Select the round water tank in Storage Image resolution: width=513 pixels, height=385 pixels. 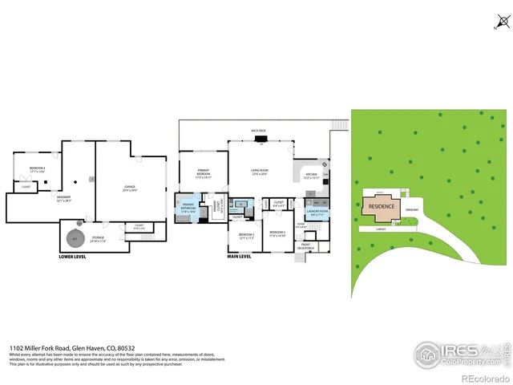pos(75,237)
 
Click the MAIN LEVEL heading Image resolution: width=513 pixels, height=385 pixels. pos(240,257)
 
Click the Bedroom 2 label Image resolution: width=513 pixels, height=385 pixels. pos(246,235)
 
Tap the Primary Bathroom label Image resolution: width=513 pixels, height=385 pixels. pos(188,207)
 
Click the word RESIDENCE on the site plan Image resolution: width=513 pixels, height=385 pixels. pos(382,206)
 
